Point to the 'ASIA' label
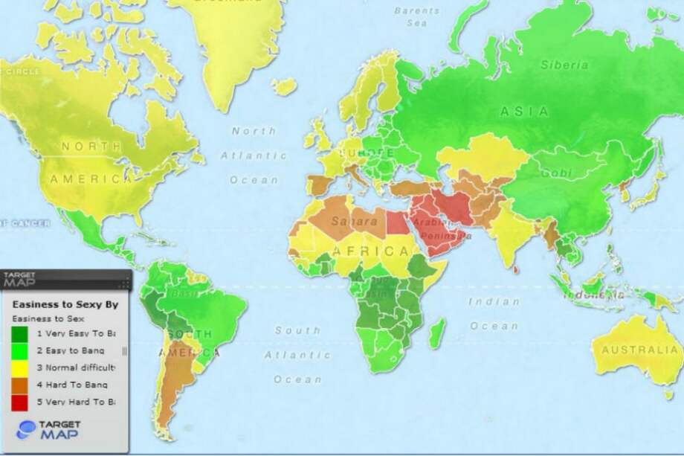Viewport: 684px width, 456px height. tap(524, 112)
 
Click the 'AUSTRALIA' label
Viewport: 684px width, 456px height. tap(640, 350)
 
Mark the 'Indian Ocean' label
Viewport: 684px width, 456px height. tap(494, 313)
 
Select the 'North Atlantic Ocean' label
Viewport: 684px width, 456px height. tap(254, 155)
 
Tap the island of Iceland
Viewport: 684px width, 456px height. tap(284, 87)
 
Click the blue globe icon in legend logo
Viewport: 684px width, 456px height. tap(26, 430)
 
